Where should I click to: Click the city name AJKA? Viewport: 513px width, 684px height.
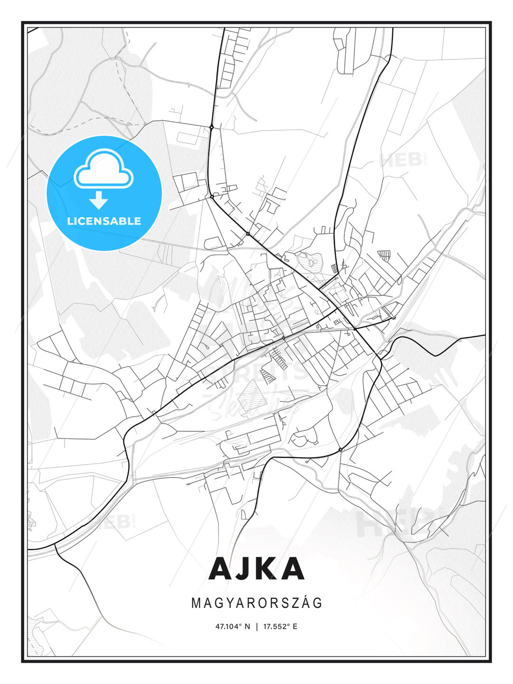click(256, 569)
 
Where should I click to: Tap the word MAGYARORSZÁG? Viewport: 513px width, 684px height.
click(257, 603)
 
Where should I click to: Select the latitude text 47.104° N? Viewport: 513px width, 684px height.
click(233, 627)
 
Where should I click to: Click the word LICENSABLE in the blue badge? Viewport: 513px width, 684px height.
click(104, 221)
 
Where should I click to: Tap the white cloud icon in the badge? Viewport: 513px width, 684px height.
click(104, 170)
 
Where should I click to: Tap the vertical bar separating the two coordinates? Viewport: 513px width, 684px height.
click(257, 627)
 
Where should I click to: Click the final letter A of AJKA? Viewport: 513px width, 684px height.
click(292, 569)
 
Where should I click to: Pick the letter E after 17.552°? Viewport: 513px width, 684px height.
click(295, 627)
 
